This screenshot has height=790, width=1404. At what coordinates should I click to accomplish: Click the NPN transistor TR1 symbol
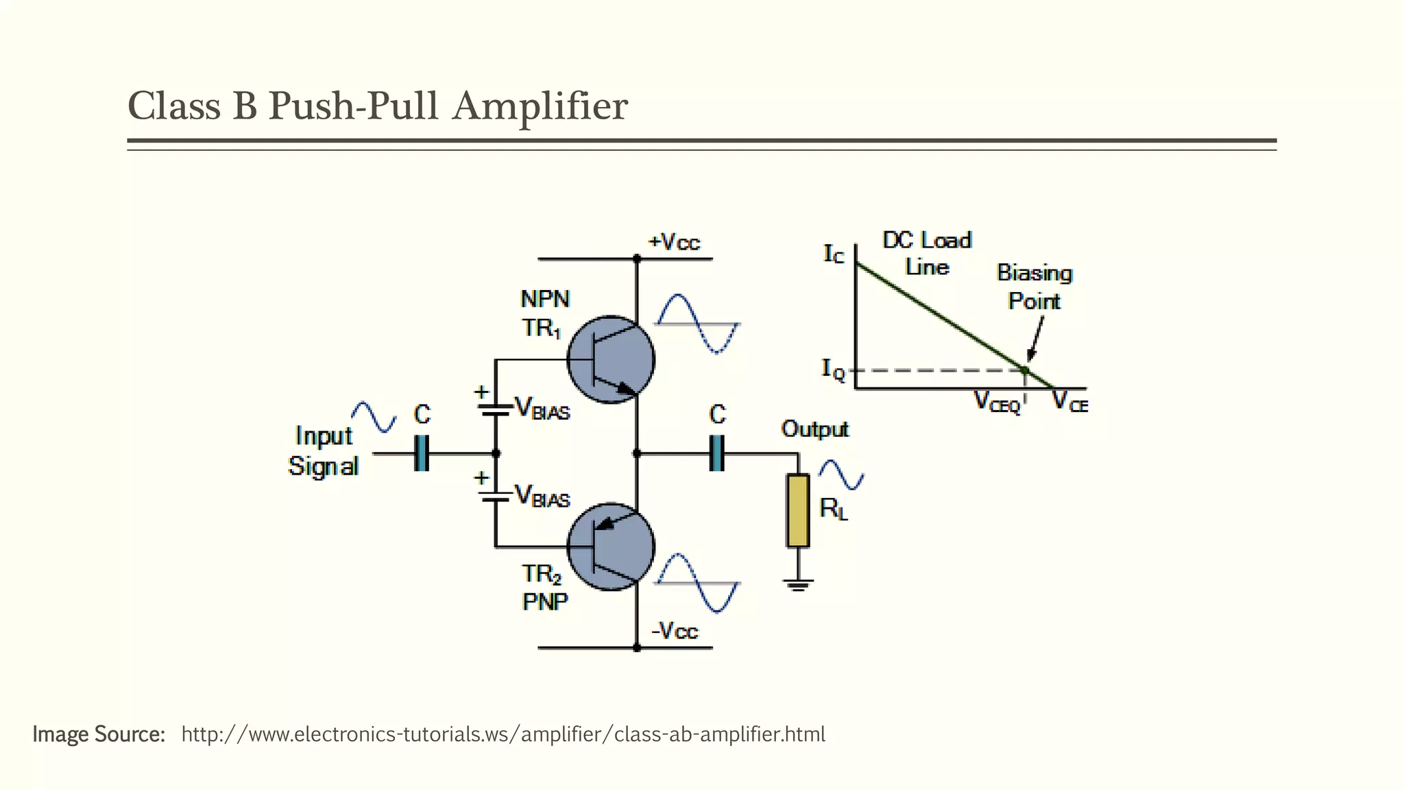coord(611,359)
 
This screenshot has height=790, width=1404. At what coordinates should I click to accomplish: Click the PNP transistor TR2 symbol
coord(611,547)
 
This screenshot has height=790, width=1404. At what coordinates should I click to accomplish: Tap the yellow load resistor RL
coord(798,510)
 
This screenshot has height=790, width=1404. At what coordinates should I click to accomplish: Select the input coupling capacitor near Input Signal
coord(422,453)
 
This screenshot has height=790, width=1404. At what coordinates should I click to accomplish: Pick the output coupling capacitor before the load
coord(717,453)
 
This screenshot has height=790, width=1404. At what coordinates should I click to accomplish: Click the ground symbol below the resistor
coord(798,585)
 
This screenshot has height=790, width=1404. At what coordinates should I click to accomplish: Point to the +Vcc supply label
coord(674,242)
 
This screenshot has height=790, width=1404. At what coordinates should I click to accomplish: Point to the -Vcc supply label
coord(674,630)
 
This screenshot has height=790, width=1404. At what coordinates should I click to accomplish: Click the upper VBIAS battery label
coord(542,409)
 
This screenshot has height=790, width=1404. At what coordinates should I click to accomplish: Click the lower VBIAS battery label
coord(542,496)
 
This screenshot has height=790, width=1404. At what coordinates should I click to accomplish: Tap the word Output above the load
coord(814,429)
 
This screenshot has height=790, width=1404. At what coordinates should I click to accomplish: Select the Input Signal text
coord(323,451)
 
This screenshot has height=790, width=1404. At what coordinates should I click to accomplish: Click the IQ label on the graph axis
coord(834,370)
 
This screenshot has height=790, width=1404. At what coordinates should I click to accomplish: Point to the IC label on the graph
coord(834,254)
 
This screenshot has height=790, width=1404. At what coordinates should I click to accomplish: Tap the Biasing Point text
coord(1034,287)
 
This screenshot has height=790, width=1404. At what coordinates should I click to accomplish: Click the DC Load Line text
coord(926,253)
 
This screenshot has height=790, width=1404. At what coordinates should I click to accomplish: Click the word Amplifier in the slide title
coord(540,106)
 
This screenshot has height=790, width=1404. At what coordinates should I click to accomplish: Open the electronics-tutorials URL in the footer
coord(503,734)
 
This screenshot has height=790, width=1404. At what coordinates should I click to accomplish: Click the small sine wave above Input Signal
coord(374,417)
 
